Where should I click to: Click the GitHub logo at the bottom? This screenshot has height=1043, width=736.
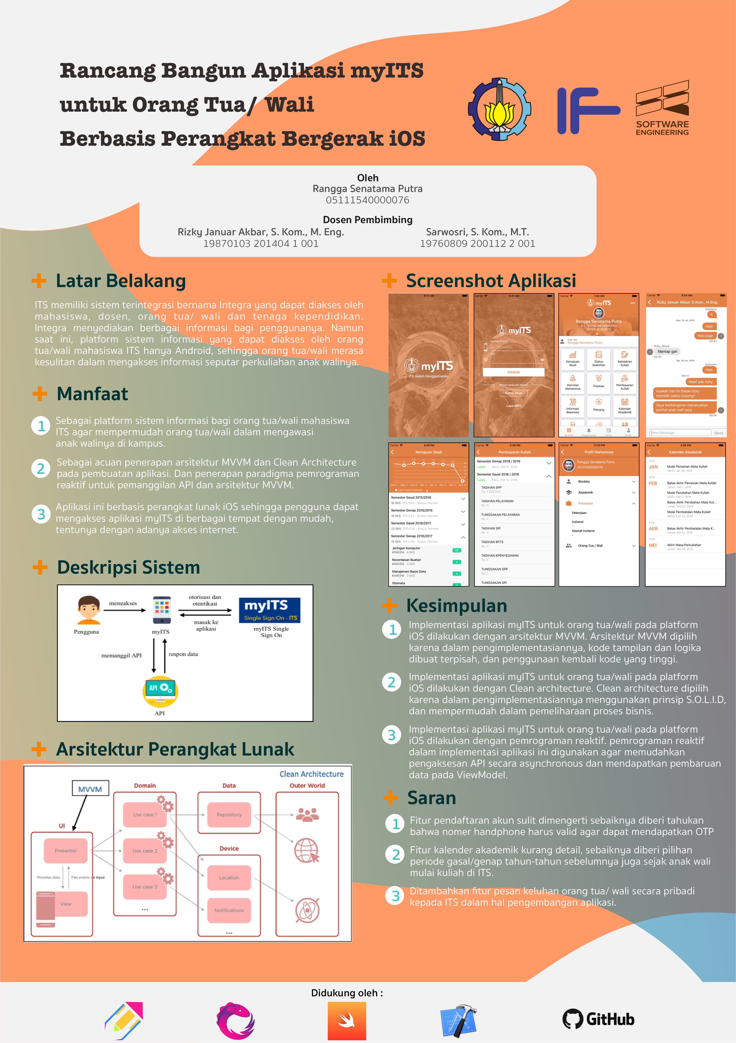[x=598, y=1019]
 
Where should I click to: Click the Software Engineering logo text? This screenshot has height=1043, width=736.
[x=662, y=128]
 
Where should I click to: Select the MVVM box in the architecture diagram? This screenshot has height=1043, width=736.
[x=90, y=789]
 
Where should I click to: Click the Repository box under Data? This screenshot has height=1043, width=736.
[x=229, y=814]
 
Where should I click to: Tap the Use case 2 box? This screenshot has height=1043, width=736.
[x=145, y=850]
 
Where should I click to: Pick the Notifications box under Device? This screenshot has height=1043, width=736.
[x=229, y=910]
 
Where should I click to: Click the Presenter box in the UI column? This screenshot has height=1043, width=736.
[x=65, y=850]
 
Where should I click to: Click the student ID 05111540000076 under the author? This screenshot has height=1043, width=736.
[x=367, y=200]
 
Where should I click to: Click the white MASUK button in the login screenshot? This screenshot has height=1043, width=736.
[x=514, y=372]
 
